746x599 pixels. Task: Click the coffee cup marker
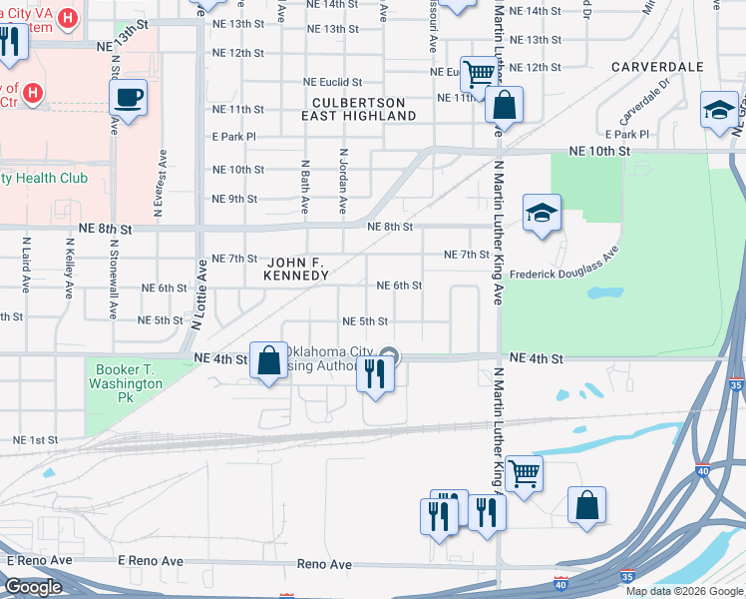pos(128,99)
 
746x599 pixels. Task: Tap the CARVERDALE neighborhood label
pos(658,67)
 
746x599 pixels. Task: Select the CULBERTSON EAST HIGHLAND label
pos(359,110)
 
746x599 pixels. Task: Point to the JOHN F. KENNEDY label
pos(295,267)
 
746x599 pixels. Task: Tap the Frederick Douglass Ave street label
pos(563,273)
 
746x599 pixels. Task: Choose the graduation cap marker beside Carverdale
pos(719,110)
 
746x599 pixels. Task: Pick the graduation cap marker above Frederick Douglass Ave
pos(542,214)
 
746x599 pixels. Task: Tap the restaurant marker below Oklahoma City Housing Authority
pos(375,374)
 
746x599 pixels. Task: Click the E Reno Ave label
pos(39,561)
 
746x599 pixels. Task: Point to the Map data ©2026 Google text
pos(683,591)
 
